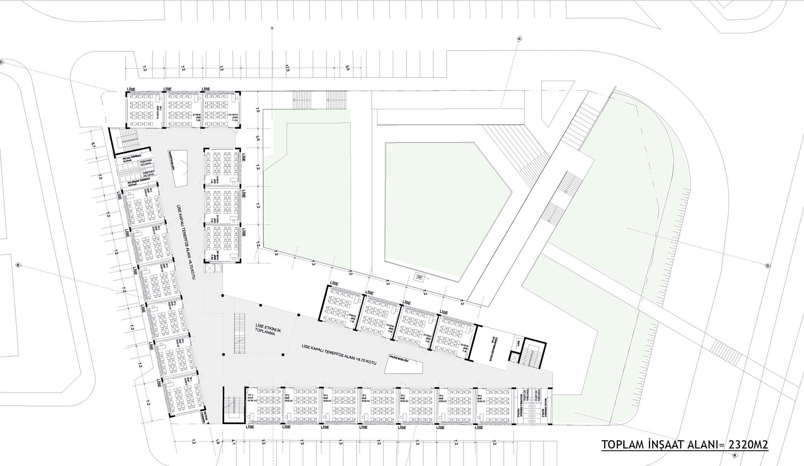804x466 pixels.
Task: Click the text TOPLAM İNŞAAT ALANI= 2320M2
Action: tap(685, 445)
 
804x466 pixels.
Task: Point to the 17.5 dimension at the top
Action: tap(287, 68)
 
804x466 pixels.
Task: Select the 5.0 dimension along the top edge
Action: tap(347, 68)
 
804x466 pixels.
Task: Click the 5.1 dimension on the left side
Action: tap(93, 145)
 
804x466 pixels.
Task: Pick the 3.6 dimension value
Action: tap(258, 139)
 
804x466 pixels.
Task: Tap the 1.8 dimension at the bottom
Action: tap(217, 442)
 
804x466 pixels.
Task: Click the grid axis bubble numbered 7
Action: tap(519, 39)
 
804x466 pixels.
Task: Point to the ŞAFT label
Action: tap(519, 343)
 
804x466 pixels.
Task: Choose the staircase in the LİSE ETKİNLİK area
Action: tap(240, 334)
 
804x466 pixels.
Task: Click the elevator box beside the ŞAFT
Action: tap(514, 357)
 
